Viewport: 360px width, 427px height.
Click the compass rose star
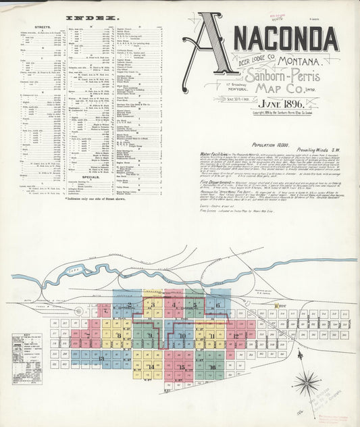(x=307, y=384)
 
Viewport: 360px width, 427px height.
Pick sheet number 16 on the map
(x=213, y=367)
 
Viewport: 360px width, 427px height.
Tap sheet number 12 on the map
(x=236, y=335)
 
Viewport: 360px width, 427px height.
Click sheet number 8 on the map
(x=119, y=335)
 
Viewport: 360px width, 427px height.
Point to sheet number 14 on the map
(x=150, y=367)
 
